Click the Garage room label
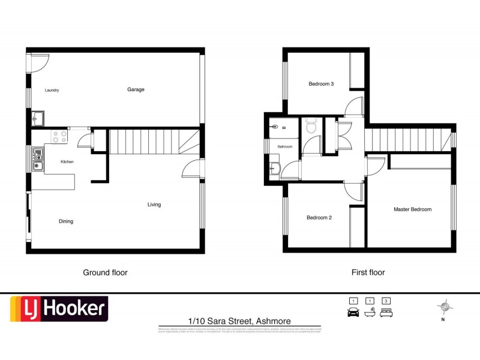[x=136, y=89]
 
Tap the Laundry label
[x=52, y=90]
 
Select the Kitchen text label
[x=67, y=162]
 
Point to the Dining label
[x=66, y=221]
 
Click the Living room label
[x=154, y=205]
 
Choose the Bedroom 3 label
[x=321, y=84]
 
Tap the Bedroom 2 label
[x=319, y=218]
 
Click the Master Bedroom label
[x=412, y=209]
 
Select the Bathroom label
[x=284, y=146]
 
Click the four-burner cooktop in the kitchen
[x=59, y=137]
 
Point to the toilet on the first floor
[x=311, y=126]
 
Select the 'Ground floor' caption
[x=105, y=272]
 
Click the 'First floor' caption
[x=368, y=272]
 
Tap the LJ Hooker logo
[x=58, y=310]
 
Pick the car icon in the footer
[x=353, y=312]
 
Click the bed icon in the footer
[x=387, y=312]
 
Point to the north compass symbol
[x=445, y=308]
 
